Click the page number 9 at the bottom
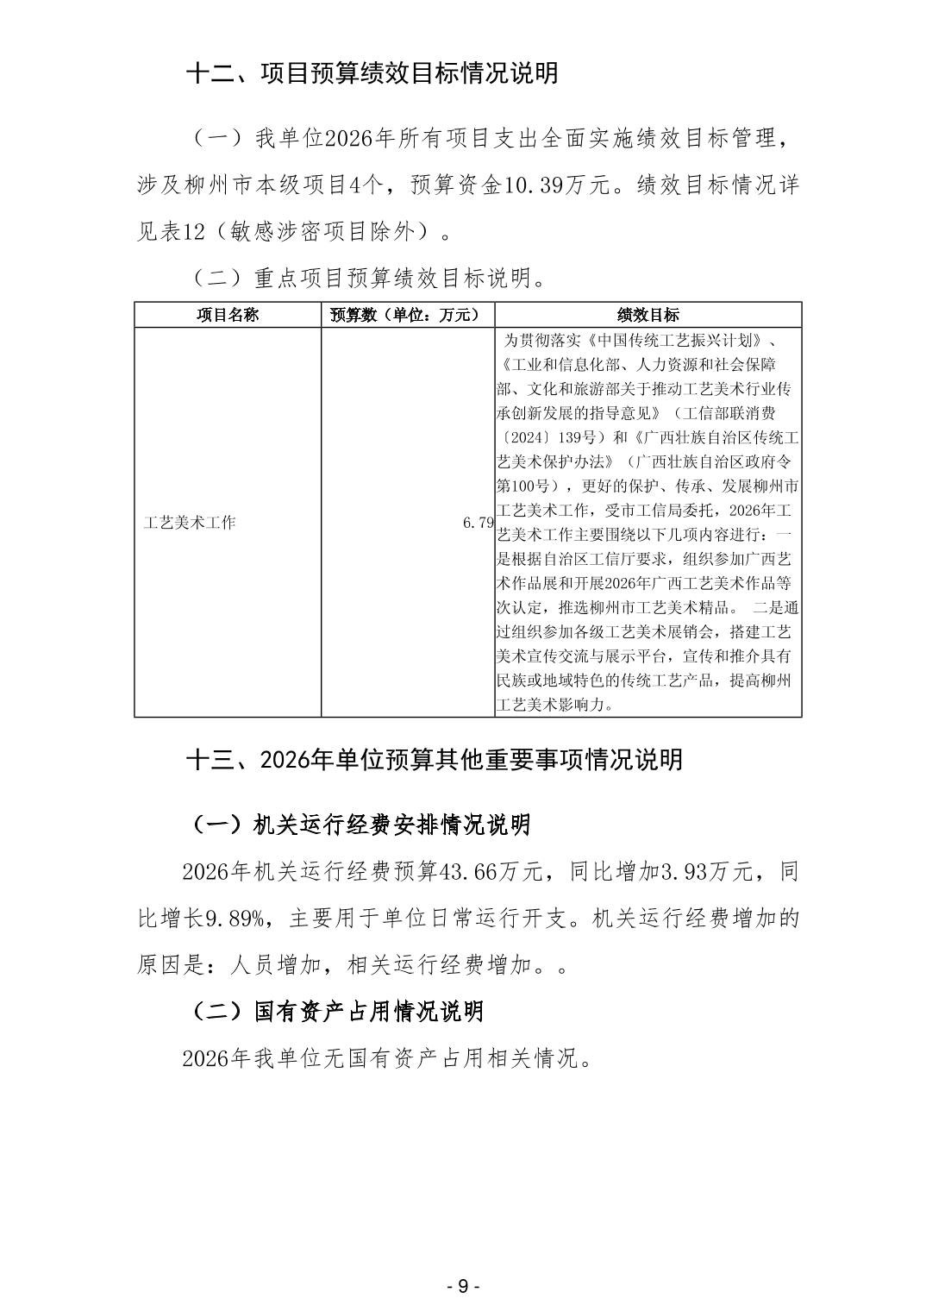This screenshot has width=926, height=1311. coord(463,1286)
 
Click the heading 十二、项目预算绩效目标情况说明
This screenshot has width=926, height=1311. coord(372,72)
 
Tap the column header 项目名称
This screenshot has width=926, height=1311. coord(228,315)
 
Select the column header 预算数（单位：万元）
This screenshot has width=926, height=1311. coord(407,315)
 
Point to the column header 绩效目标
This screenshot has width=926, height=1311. coord(648,315)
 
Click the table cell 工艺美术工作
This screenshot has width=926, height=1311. coord(190,523)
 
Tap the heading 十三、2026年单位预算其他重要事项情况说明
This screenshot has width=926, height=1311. coord(435,759)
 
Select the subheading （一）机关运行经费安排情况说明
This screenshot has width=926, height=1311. coord(358,825)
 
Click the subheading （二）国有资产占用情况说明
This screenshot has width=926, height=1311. coord(335,1011)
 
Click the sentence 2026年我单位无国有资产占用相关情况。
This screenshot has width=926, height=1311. coord(388,1058)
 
